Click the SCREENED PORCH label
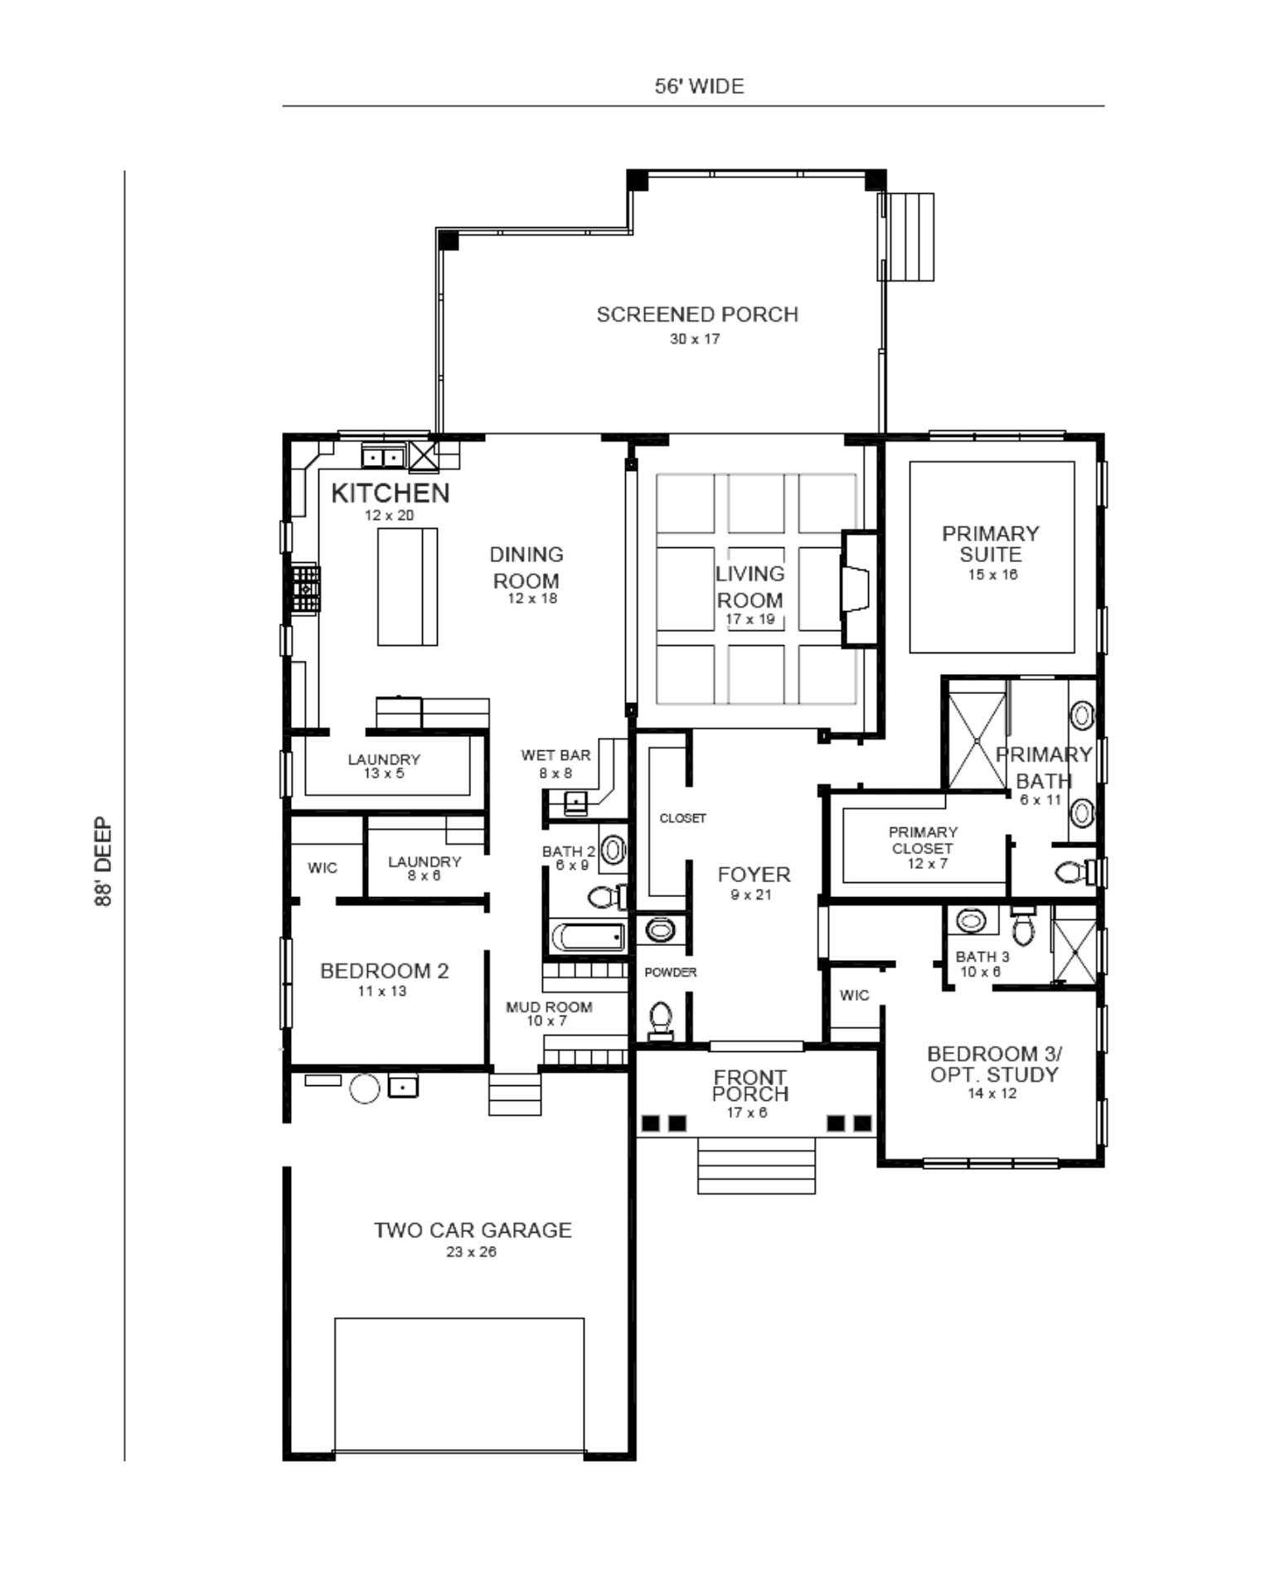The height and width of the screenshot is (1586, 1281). pyautogui.click(x=696, y=315)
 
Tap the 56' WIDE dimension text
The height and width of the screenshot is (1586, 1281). pyautogui.click(x=699, y=86)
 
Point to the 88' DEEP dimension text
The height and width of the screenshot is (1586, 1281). pyautogui.click(x=104, y=861)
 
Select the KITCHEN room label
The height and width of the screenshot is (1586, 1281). pyautogui.click(x=390, y=492)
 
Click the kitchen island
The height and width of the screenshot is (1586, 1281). pyautogui.click(x=407, y=586)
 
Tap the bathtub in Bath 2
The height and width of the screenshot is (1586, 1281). pyautogui.click(x=587, y=938)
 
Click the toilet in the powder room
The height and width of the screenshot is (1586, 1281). pyautogui.click(x=661, y=1020)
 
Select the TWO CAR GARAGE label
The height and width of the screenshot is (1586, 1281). pyautogui.click(x=472, y=1230)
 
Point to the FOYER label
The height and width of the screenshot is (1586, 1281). pyautogui.click(x=754, y=875)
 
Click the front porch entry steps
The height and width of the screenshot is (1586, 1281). pyautogui.click(x=756, y=1165)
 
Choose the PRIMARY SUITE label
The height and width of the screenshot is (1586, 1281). pyautogui.click(x=990, y=544)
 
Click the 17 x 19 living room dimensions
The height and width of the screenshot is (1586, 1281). pyautogui.click(x=750, y=618)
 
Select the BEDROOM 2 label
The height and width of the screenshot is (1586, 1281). pyautogui.click(x=384, y=971)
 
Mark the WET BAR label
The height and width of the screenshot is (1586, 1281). pyautogui.click(x=556, y=755)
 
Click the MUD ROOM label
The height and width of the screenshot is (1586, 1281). pyautogui.click(x=549, y=1007)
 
